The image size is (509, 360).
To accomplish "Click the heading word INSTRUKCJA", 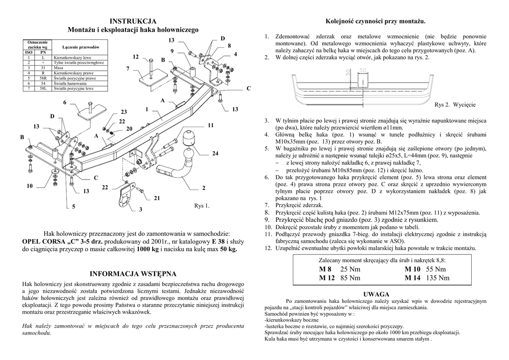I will click(133, 21).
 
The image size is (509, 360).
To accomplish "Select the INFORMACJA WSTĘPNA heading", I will click(132, 273).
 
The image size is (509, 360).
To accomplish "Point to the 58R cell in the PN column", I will click(43, 78).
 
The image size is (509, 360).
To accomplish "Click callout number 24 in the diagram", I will click(215, 154).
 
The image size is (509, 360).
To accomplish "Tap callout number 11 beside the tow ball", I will click(211, 125).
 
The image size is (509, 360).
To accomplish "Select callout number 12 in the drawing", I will click(136, 57).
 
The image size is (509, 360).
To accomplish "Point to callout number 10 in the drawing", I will click(30, 186).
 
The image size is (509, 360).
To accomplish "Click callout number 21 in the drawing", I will click(157, 198).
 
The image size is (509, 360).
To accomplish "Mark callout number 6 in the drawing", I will click(65, 102).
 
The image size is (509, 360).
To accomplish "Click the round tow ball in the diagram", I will click(191, 137).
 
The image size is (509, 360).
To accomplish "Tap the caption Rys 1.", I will click(202, 205).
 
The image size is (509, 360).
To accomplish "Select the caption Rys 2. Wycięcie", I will click(455, 105).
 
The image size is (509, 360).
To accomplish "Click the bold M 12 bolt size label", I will click(327, 278).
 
